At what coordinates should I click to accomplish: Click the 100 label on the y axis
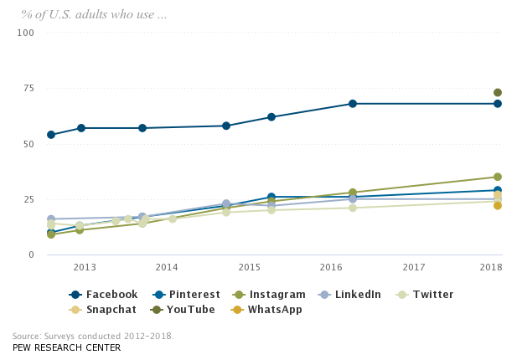point(26,33)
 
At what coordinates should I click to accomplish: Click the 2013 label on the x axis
point(84,266)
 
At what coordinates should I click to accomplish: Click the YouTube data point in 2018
point(498,93)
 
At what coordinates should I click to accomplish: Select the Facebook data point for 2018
point(498,104)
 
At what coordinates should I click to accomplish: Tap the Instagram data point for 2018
point(498,177)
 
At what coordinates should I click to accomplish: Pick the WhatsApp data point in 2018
point(498,205)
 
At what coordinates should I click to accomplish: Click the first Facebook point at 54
point(51,135)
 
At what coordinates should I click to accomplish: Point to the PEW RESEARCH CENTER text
point(66,347)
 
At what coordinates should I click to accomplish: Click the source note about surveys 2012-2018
point(93,336)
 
